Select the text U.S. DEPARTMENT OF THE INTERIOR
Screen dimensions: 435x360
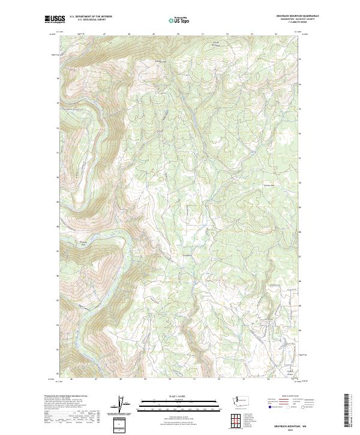[x=91, y=17]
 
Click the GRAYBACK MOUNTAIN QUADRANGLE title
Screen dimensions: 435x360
[x=297, y=16]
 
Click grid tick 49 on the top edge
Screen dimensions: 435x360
[x=154, y=34]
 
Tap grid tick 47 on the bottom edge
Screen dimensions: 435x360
[x=95, y=379]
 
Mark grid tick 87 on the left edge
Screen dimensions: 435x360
[x=58, y=251]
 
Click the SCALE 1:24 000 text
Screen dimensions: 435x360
[x=178, y=397]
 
